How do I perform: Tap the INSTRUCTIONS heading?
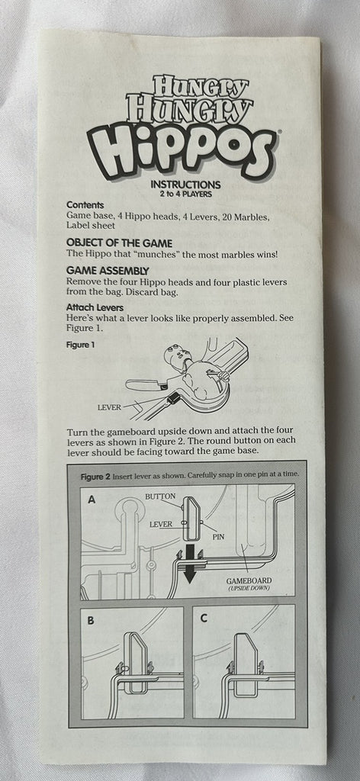coord(186,185)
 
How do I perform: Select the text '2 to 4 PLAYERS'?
coord(185,194)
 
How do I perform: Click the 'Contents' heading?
coord(85,205)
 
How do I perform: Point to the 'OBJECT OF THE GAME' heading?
coord(120,243)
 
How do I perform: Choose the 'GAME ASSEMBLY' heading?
coord(108,271)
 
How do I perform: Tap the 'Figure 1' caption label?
coord(80,344)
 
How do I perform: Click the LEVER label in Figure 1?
coord(109,407)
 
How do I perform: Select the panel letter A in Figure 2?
coord(92,500)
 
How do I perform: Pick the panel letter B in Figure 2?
coord(91,621)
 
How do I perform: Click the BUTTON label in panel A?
coord(160,497)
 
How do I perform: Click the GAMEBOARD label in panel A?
coord(249,580)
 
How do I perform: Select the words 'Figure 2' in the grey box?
coord(95,476)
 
